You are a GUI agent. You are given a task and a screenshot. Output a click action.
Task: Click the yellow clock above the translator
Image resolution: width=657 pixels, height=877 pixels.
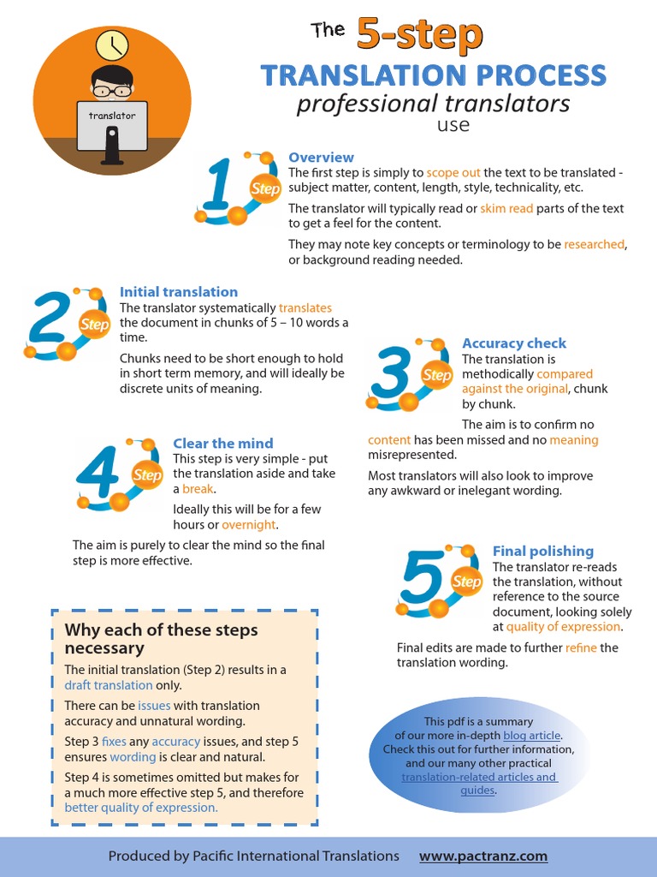110,45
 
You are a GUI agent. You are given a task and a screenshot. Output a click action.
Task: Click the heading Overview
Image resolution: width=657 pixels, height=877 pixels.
321,158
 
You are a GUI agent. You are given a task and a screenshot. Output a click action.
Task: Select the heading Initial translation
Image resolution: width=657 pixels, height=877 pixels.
179,292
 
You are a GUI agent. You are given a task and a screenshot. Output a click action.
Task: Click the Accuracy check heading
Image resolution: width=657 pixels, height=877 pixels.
514,343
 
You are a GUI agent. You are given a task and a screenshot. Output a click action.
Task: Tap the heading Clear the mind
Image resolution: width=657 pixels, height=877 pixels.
223,444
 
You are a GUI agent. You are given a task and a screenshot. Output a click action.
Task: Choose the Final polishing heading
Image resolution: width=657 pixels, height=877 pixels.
543,552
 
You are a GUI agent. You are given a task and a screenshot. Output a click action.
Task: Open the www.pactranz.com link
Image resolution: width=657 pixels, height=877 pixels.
483,856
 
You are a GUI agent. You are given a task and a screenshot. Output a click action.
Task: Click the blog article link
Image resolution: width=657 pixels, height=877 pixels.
532,735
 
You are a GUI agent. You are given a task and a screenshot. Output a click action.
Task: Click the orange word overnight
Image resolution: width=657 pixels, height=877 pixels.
249,524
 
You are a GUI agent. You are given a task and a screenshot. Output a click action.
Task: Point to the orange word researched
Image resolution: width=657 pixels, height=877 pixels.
595,244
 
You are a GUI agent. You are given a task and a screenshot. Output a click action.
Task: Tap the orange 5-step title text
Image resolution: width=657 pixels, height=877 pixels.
419,35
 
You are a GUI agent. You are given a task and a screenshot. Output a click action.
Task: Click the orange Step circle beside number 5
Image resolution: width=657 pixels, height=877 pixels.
467,582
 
